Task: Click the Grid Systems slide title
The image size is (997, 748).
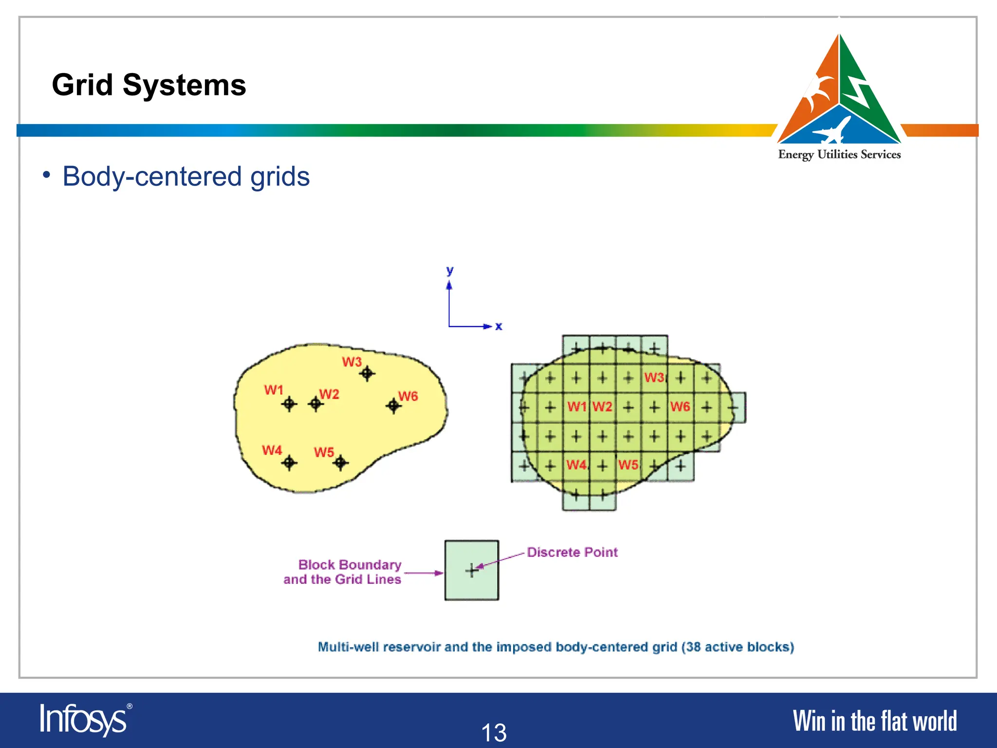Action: [x=149, y=85]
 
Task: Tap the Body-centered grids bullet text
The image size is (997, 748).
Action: [x=186, y=176]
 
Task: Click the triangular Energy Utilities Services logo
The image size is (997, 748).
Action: [x=839, y=93]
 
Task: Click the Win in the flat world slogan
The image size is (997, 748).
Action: [x=874, y=721]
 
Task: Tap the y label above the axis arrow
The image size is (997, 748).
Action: [x=450, y=271]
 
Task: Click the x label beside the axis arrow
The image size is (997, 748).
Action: [x=498, y=326]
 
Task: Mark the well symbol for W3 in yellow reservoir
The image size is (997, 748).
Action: [x=367, y=374]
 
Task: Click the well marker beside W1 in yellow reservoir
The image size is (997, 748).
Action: [x=289, y=404]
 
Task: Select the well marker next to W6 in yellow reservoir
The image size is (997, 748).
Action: [x=393, y=405]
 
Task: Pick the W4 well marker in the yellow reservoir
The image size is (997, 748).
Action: [x=289, y=462]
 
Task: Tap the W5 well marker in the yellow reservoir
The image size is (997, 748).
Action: [x=340, y=462]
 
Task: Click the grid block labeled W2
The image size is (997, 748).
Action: [x=602, y=407]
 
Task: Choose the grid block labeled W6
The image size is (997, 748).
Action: [x=680, y=407]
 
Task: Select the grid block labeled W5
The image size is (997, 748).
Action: [x=628, y=465]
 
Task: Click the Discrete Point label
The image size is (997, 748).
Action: [x=572, y=552]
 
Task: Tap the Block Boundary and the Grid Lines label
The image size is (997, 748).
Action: [x=343, y=572]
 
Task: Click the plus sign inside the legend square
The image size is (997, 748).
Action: [x=471, y=570]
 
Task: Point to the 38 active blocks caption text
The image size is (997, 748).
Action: [x=556, y=647]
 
